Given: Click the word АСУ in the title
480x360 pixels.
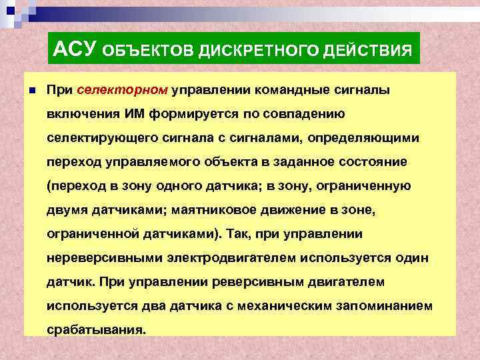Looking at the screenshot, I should click(76, 49).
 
